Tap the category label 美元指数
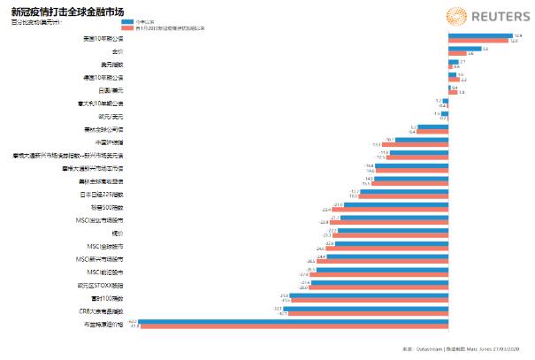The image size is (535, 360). pos(111,65)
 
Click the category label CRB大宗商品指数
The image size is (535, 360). pos(100,310)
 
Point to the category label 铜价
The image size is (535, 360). pos(116,233)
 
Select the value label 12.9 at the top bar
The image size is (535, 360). pos(518,36)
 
